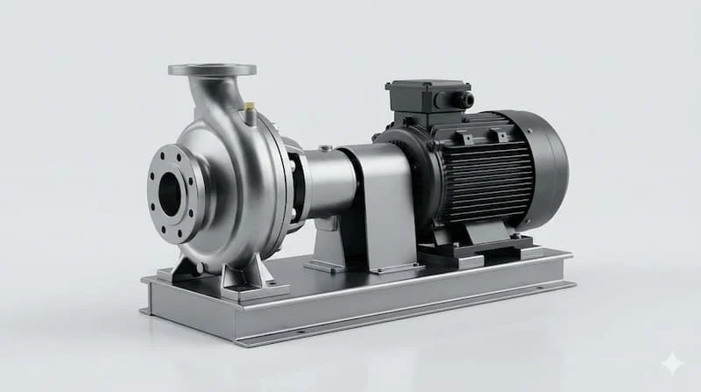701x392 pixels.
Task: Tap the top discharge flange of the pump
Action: tap(212, 69)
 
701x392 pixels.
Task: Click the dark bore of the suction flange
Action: tap(169, 194)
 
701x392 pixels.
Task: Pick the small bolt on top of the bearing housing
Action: tap(325, 148)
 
